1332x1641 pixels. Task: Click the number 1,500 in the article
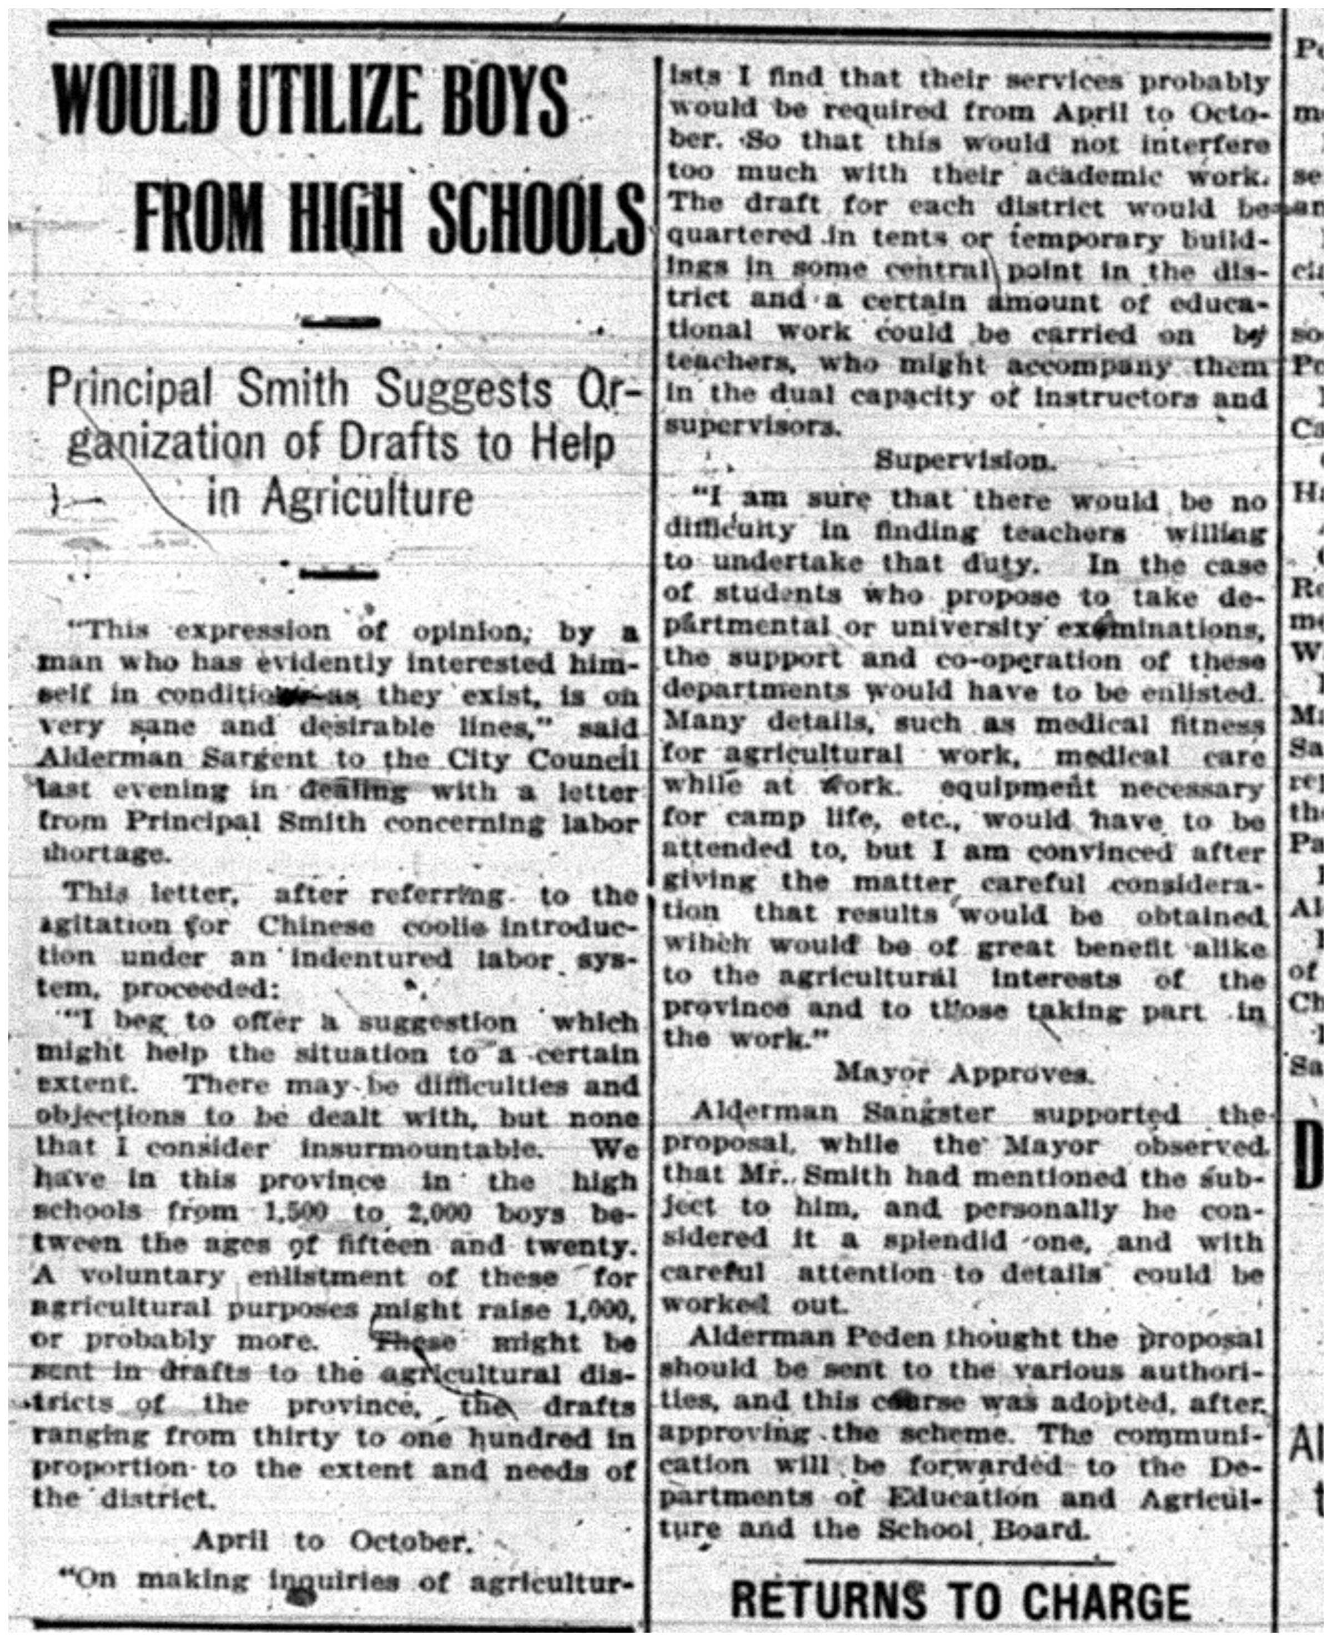pyautogui.click(x=295, y=1212)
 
